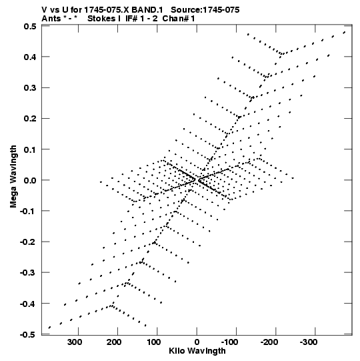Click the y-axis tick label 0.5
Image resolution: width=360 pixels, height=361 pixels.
pyautogui.click(x=30, y=27)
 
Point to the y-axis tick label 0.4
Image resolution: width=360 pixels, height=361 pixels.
pyautogui.click(x=30, y=57)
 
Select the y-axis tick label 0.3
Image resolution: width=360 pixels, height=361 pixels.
pyautogui.click(x=30, y=87)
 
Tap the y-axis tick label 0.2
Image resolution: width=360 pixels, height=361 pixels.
pyautogui.click(x=30, y=119)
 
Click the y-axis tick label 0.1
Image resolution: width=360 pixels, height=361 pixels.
pyautogui.click(x=30, y=149)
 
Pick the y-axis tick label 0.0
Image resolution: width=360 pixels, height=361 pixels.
pyautogui.click(x=30, y=180)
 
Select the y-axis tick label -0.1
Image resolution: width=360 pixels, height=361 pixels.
pyautogui.click(x=28, y=211)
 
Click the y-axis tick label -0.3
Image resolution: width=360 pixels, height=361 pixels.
pyautogui.click(x=28, y=273)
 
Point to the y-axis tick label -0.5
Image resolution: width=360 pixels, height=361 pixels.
pyautogui.click(x=28, y=334)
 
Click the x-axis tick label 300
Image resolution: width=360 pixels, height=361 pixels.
pyautogui.click(x=75, y=342)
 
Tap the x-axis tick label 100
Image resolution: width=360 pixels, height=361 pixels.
pyautogui.click(x=153, y=342)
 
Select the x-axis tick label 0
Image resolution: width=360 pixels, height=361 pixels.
pyautogui.click(x=197, y=342)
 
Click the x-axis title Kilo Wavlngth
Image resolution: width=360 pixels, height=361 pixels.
pyautogui.click(x=197, y=352)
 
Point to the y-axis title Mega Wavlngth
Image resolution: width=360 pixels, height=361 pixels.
pyautogui.click(x=13, y=177)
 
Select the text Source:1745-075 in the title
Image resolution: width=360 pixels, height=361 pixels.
pyautogui.click(x=205, y=9)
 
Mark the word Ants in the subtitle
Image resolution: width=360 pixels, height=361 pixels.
pyautogui.click(x=51, y=19)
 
